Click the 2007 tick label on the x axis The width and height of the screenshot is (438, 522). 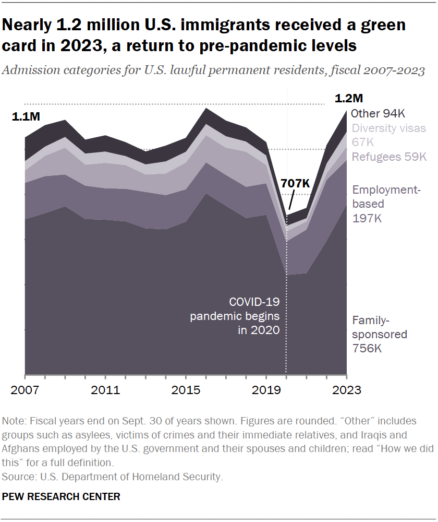coord(25,390)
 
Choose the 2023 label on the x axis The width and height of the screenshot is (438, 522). coord(346,390)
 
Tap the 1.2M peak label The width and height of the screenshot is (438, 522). coord(348,99)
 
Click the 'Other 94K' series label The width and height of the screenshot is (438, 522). coord(378,114)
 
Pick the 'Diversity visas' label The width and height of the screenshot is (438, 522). coord(388,128)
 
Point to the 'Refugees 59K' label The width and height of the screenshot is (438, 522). coord(389,157)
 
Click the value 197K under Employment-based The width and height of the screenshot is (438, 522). coord(367,218)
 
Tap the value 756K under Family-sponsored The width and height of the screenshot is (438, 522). coord(367,348)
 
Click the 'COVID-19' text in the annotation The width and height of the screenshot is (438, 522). coord(254,303)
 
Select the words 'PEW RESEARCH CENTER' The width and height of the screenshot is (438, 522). coord(61,496)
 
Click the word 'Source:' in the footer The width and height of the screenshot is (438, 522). coord(17,477)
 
